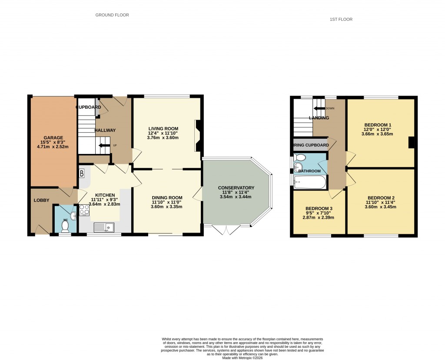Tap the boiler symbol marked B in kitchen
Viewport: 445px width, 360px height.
point(82,174)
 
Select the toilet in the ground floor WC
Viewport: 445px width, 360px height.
point(65,226)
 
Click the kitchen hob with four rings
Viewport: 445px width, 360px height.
point(84,210)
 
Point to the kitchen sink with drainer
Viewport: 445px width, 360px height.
point(105,227)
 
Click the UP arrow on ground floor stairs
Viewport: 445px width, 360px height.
point(104,146)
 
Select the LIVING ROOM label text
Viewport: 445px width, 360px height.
point(163,128)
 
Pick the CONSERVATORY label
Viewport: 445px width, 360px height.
point(236,188)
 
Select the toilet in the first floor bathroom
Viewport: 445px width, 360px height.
point(298,167)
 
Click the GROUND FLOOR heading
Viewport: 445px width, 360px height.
point(112,15)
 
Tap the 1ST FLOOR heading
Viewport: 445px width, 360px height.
point(341,20)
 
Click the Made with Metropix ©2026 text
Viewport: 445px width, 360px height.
point(242,358)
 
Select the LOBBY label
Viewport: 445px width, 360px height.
point(42,200)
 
